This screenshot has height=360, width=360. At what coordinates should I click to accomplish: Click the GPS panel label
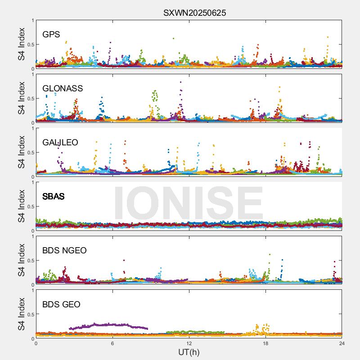click(51, 35)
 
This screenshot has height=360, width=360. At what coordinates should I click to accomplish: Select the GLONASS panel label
click(63, 89)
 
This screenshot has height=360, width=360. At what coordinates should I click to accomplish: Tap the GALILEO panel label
click(60, 143)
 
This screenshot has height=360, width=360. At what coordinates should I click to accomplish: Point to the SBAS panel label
click(53, 197)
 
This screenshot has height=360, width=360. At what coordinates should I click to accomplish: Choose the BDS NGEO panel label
click(64, 251)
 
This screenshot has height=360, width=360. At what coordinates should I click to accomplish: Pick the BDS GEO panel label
click(61, 305)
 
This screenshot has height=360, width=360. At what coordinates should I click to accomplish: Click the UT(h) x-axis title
click(189, 352)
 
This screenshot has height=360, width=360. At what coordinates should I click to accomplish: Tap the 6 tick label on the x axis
click(112, 343)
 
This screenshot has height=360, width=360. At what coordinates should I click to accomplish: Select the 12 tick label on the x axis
click(189, 343)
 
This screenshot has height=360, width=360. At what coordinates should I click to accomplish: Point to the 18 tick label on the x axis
click(265, 343)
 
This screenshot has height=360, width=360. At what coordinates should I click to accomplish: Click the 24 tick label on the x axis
click(342, 343)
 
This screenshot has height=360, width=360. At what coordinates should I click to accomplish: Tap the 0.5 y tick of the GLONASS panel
click(30, 99)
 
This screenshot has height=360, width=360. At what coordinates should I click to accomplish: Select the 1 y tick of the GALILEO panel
click(32, 129)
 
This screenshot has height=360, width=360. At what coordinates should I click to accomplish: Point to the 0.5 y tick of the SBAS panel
click(30, 207)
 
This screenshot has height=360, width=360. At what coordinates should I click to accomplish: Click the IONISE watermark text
click(189, 202)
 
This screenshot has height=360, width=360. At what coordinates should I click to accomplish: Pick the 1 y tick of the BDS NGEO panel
click(32, 237)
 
